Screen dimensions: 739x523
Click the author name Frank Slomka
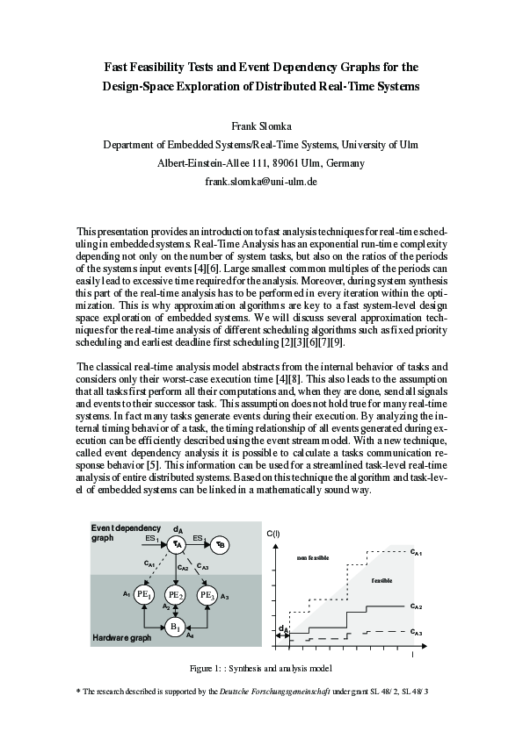[261, 126]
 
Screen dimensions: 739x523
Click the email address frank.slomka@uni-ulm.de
[261, 182]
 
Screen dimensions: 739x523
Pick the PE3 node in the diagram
[207, 595]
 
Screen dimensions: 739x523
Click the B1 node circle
[176, 627]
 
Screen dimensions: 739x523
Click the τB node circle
[222, 544]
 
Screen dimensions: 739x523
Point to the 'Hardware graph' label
[122, 638]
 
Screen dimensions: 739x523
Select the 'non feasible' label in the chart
[313, 557]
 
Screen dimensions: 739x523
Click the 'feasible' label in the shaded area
[381, 580]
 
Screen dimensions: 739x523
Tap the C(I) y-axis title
[272, 533]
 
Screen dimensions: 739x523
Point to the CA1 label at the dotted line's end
[417, 553]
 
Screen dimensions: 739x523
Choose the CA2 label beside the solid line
[417, 606]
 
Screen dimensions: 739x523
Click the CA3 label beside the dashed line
[417, 632]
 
